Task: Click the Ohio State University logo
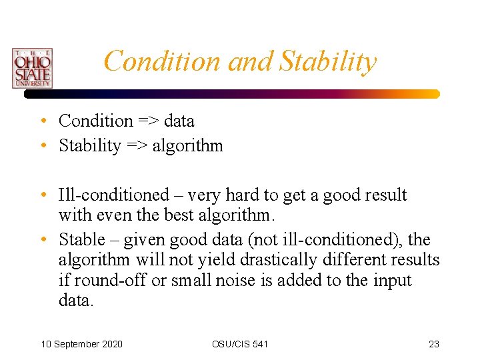coord(31,68)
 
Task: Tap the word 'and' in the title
coord(251,61)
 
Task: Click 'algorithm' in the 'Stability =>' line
coord(187,145)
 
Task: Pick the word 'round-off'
coord(109,280)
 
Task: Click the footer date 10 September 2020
coord(81,344)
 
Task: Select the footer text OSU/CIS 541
coord(240,344)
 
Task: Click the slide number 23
coord(434,344)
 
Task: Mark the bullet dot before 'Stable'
coord(42,240)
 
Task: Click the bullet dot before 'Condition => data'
coord(42,121)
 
